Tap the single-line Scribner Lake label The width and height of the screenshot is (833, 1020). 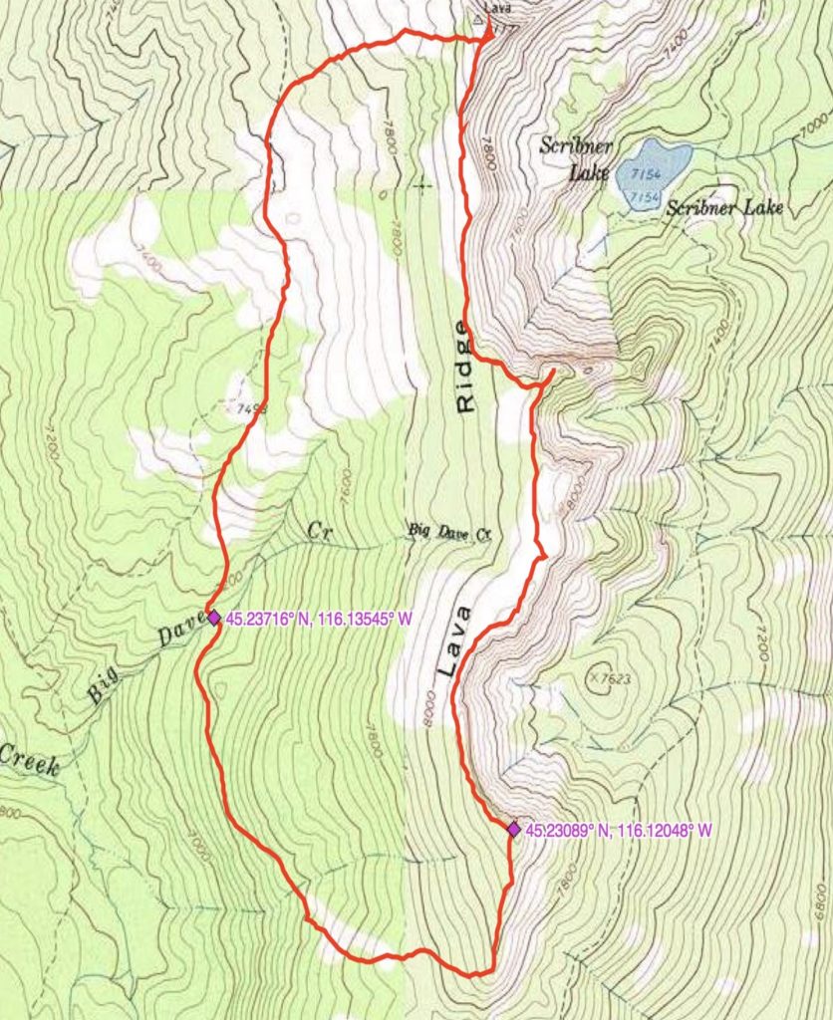(x=724, y=208)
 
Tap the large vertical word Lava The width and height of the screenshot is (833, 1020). (x=447, y=642)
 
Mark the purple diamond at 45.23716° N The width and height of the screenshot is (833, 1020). (x=213, y=618)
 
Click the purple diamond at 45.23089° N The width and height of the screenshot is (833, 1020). (x=513, y=829)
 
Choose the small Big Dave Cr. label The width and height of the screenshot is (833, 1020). (x=451, y=533)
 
